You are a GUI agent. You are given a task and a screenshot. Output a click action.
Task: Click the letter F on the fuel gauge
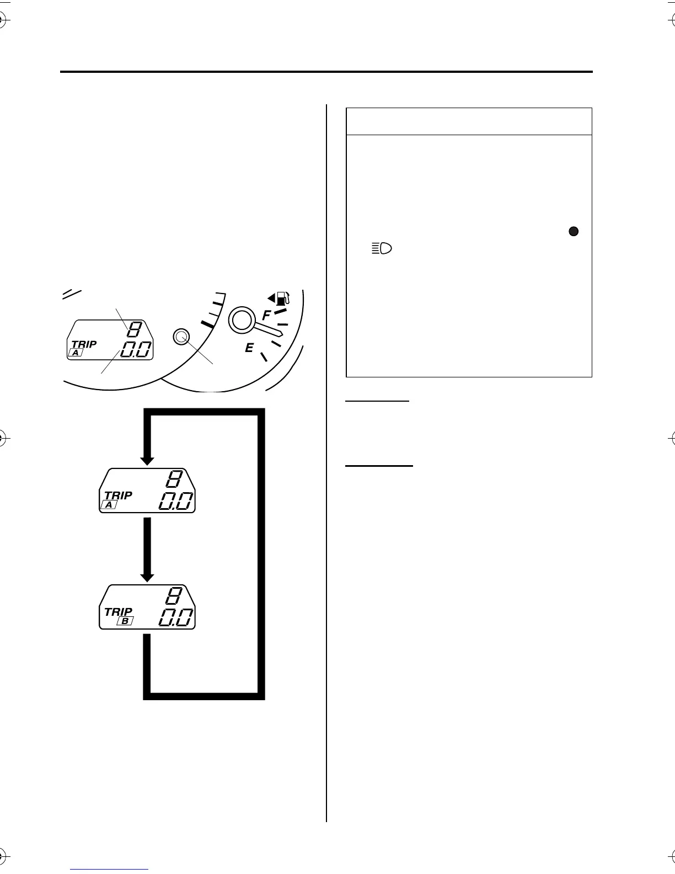(266, 316)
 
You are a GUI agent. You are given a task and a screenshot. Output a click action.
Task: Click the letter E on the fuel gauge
(249, 348)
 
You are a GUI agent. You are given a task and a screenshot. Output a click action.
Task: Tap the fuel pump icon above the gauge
(282, 299)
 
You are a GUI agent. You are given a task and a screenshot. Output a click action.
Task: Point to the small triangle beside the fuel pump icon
(271, 299)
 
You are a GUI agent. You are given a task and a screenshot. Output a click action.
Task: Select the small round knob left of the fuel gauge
(181, 336)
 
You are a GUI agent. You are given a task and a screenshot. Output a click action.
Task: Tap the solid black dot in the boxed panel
(574, 232)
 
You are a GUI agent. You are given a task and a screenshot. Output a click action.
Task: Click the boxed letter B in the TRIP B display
(125, 621)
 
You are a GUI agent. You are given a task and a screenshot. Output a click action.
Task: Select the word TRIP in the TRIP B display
(118, 611)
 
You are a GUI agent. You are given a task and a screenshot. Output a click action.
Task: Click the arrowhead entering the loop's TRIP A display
(147, 460)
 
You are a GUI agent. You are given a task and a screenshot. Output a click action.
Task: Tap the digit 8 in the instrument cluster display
(134, 330)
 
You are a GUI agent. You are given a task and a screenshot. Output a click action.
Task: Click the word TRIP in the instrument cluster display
(84, 344)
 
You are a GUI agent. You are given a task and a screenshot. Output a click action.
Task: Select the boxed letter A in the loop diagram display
(109, 505)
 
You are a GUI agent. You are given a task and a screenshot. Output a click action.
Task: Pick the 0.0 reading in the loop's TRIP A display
(176, 502)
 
